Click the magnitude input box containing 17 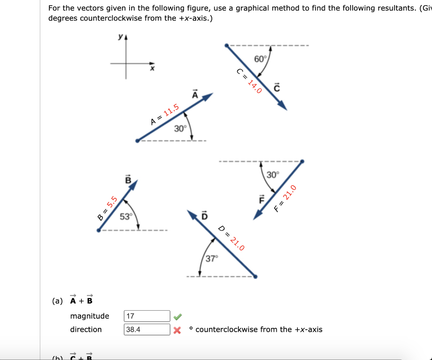[147, 316]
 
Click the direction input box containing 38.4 [147, 329]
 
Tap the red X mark [178, 330]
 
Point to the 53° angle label [126, 217]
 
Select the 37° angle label [211, 258]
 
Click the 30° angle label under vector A [180, 129]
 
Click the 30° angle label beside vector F [273, 175]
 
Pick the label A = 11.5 [165, 115]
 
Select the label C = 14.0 [249, 81]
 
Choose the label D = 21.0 [231, 239]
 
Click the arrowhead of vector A [208, 97]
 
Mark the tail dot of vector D [255, 277]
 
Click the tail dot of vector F [302, 161]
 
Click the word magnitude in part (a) [89, 316]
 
